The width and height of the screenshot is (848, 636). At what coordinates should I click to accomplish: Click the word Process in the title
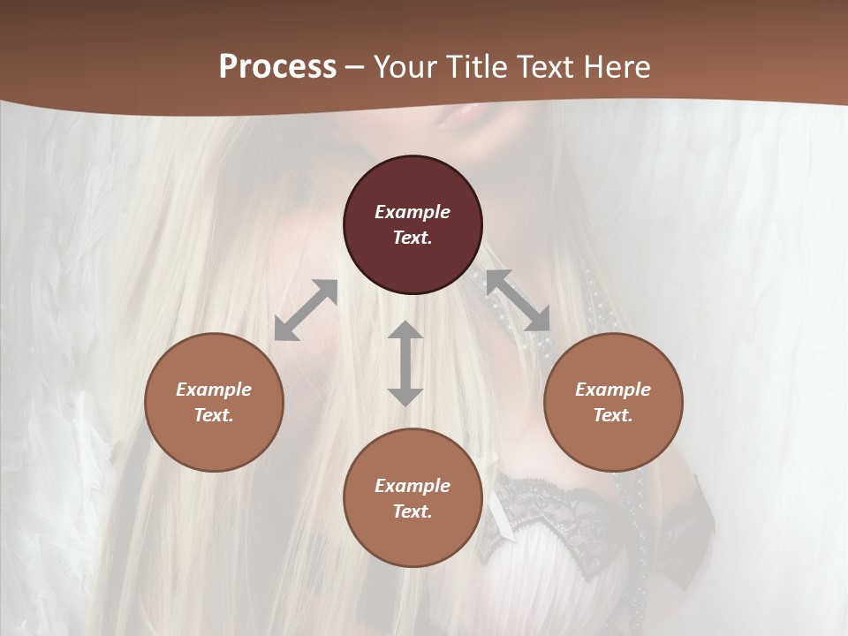coord(277,67)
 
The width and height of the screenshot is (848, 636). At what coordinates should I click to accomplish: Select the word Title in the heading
coord(478,67)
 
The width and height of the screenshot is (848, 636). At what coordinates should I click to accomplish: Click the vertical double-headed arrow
coord(405,363)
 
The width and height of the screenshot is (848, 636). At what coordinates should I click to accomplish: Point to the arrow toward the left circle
coord(306,310)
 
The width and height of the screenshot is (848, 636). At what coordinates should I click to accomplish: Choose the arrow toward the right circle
coord(518,300)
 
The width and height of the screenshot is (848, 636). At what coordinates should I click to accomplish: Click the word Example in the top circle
coord(413,212)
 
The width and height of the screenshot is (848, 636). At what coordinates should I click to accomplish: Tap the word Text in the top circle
coord(413,238)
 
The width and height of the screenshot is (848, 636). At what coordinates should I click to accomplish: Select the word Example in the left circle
coord(214,390)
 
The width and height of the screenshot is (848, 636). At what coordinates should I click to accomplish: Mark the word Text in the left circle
coord(214,415)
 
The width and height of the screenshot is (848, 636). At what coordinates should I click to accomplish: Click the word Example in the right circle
coord(613,390)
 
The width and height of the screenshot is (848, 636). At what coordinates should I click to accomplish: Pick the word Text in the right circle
coord(613,415)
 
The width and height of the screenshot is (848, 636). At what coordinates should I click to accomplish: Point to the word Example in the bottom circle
coord(413,486)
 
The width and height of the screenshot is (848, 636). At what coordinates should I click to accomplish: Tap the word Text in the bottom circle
coord(413,511)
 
